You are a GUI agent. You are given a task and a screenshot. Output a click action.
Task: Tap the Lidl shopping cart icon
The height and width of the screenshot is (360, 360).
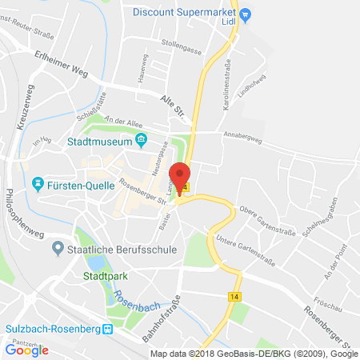(x=246, y=14)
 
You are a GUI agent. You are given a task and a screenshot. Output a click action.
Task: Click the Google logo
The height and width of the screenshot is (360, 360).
(x=26, y=349)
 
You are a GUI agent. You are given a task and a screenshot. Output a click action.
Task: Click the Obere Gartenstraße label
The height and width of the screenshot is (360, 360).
(x=276, y=222)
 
